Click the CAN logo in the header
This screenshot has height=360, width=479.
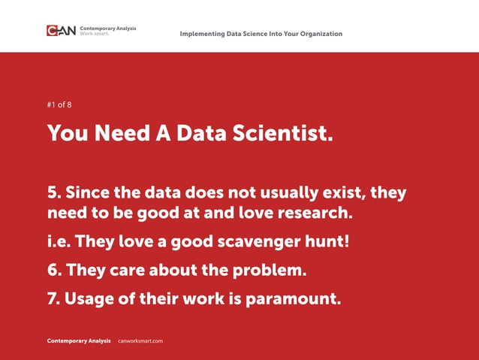click(61, 31)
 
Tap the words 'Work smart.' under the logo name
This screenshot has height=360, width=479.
click(93, 34)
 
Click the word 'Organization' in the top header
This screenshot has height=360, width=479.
click(318, 34)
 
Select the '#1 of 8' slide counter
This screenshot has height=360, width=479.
click(59, 105)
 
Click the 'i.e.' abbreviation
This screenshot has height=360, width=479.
click(59, 242)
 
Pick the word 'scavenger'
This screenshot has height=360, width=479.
click(256, 242)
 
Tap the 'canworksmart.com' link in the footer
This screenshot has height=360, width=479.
click(141, 341)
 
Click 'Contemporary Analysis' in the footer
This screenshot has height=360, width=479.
click(79, 341)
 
